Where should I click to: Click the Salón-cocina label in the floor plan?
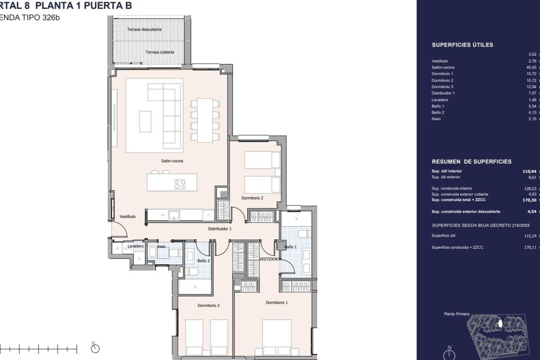click(172, 161)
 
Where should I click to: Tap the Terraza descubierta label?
click(144, 29)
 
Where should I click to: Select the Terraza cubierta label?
click(159, 52)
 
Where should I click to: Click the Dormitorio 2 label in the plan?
click(252, 198)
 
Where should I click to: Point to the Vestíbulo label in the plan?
click(127, 217)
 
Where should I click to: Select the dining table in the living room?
click(205, 120)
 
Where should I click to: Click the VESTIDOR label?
click(268, 259)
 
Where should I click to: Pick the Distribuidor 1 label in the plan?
click(220, 229)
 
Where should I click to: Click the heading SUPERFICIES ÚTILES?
click(462, 45)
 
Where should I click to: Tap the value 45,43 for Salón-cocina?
click(531, 67)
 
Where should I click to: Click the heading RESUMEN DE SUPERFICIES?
click(471, 162)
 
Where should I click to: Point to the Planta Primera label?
click(456, 314)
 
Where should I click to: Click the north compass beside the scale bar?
click(95, 349)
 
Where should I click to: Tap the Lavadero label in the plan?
click(136, 246)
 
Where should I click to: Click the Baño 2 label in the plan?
click(203, 261)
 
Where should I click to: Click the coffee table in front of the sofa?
click(145, 121)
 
